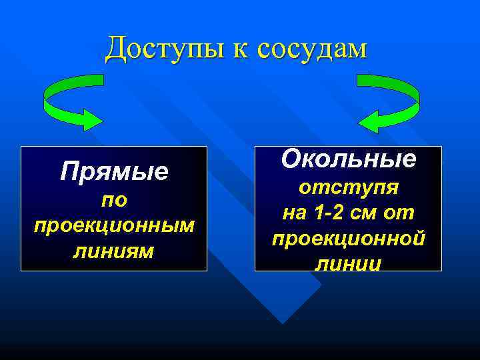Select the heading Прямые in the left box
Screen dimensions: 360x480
click(114, 173)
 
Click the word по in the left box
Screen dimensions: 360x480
click(114, 199)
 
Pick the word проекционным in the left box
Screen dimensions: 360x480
click(114, 225)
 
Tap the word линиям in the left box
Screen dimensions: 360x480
click(114, 251)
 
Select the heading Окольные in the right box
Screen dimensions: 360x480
click(349, 159)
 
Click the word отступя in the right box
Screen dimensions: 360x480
click(349, 187)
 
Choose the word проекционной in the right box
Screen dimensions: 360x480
click(349, 238)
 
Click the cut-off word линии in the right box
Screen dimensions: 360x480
click(349, 264)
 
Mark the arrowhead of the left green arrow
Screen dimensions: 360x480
click(90, 119)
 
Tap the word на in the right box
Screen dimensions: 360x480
click(294, 213)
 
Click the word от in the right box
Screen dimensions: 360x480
click(403, 213)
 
